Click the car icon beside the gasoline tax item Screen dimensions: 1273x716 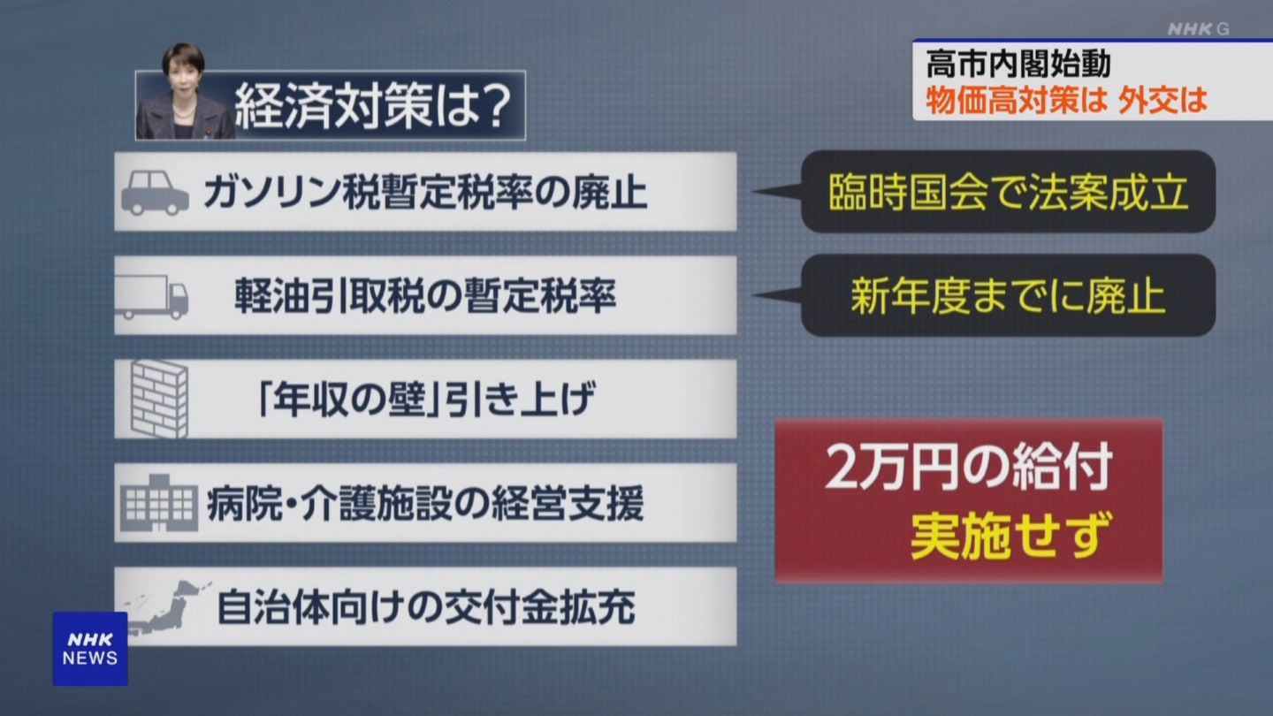(155, 194)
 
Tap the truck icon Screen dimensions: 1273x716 (151, 297)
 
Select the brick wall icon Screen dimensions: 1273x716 (160, 399)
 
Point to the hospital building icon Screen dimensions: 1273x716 (159, 503)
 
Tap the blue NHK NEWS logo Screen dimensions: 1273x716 (90, 649)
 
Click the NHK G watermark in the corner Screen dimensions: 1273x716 (1198, 29)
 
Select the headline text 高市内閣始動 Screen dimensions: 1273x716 (1018, 64)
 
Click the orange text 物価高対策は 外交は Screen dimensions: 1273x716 (1066, 100)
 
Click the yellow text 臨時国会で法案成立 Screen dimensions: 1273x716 (1008, 192)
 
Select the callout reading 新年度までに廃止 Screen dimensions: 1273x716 (1008, 295)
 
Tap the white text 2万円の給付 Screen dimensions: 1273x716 (968, 467)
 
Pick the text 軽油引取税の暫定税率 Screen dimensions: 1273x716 (426, 295)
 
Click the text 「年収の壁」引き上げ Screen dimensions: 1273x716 (426, 399)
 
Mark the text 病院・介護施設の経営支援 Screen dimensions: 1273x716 (426, 503)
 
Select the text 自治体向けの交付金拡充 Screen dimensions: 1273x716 (426, 607)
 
